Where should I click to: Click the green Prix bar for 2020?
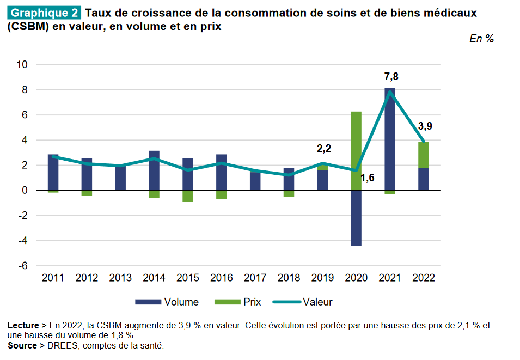tap(356, 151)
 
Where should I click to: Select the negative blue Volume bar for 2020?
tap(356, 218)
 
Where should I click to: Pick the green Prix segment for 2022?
tap(424, 155)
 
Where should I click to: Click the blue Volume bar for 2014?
tap(154, 170)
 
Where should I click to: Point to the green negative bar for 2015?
tap(188, 196)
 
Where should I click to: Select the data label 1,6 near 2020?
tap(368, 178)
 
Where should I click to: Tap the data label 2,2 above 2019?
tap(324, 148)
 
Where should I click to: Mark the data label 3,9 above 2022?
tap(425, 126)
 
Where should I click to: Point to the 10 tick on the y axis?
tap(22, 65)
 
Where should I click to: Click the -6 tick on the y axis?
tap(23, 266)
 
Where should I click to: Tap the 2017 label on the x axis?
tap(255, 278)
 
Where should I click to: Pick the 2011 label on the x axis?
tap(53, 278)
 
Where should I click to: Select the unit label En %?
tap(481, 39)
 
